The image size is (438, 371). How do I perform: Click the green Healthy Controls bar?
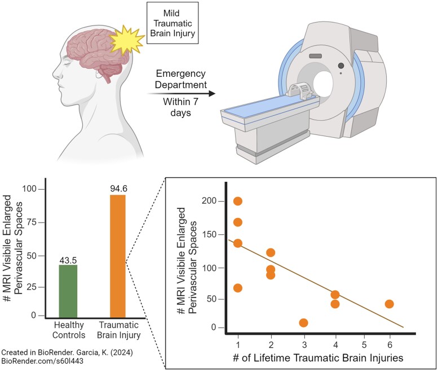click(68, 291)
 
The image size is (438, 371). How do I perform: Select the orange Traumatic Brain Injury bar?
click(118, 256)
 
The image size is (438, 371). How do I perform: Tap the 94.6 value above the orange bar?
click(118, 189)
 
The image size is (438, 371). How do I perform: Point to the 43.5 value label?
click(68, 260)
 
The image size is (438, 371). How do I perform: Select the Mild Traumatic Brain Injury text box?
click(172, 23)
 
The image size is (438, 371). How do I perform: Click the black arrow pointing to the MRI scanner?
click(181, 93)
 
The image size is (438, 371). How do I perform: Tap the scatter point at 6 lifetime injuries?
click(389, 304)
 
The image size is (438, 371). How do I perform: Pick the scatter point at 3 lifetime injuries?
click(303, 323)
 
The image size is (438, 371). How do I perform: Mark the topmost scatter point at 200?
click(238, 201)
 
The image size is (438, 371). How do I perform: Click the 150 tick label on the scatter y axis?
click(209, 234)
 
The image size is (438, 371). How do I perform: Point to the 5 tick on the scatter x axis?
click(364, 344)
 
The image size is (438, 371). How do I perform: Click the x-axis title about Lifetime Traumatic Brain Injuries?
click(318, 358)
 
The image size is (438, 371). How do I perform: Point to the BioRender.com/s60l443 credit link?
click(42, 361)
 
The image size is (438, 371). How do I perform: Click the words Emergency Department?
click(181, 79)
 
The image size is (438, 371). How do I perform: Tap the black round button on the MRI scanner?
click(341, 66)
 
